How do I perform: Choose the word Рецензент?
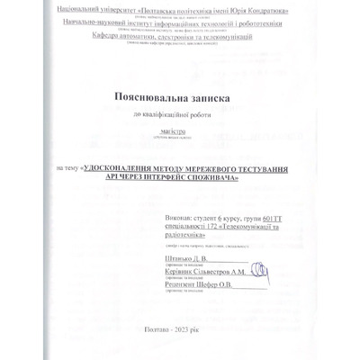184,283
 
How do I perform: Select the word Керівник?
182,270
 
